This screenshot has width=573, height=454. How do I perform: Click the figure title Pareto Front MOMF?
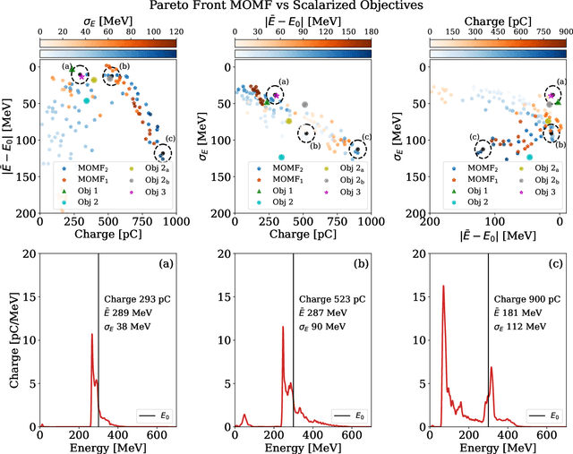[286, 7]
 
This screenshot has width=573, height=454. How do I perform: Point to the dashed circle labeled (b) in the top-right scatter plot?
[552, 132]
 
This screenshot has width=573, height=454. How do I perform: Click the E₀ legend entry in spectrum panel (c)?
[545, 415]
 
